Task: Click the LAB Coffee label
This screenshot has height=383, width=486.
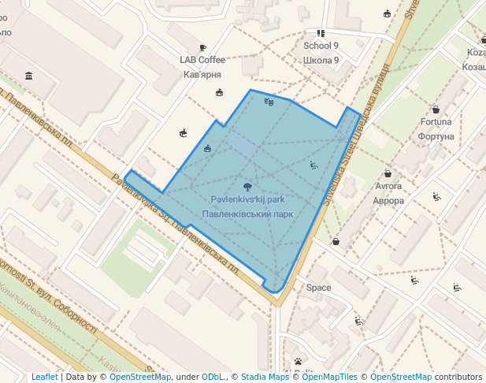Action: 202,60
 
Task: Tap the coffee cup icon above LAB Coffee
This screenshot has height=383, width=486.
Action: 202,48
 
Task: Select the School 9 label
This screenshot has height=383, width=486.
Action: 321,46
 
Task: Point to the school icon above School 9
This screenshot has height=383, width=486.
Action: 321,34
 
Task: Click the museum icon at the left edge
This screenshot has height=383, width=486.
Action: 29,76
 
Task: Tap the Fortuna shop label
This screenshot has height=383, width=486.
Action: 436,122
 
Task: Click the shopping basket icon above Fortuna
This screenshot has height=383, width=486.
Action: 436,110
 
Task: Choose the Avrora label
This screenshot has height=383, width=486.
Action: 388,187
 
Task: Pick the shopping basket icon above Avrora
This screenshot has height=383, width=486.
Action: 388,174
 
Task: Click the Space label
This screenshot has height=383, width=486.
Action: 319,288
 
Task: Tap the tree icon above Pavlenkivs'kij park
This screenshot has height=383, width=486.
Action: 248,187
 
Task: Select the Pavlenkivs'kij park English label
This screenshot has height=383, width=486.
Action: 247,200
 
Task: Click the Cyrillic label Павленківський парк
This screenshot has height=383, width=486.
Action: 247,214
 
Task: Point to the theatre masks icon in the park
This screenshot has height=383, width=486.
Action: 269,102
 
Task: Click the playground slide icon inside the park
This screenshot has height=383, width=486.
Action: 313,165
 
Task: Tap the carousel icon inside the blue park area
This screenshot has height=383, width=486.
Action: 207,148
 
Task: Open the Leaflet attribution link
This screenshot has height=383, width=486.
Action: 44,377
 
